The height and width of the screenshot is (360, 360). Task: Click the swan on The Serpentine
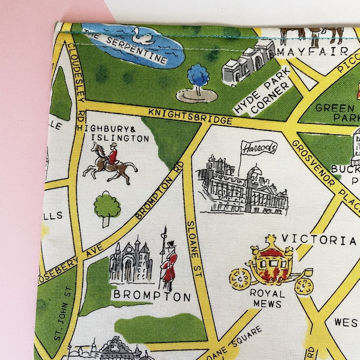click(143, 37)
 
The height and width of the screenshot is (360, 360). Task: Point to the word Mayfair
click(312, 52)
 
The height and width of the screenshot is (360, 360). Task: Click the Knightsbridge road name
click(190, 117)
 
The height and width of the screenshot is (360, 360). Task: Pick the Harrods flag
click(258, 147)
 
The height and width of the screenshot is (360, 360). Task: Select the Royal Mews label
click(268, 298)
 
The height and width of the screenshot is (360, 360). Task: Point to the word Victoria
click(319, 240)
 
